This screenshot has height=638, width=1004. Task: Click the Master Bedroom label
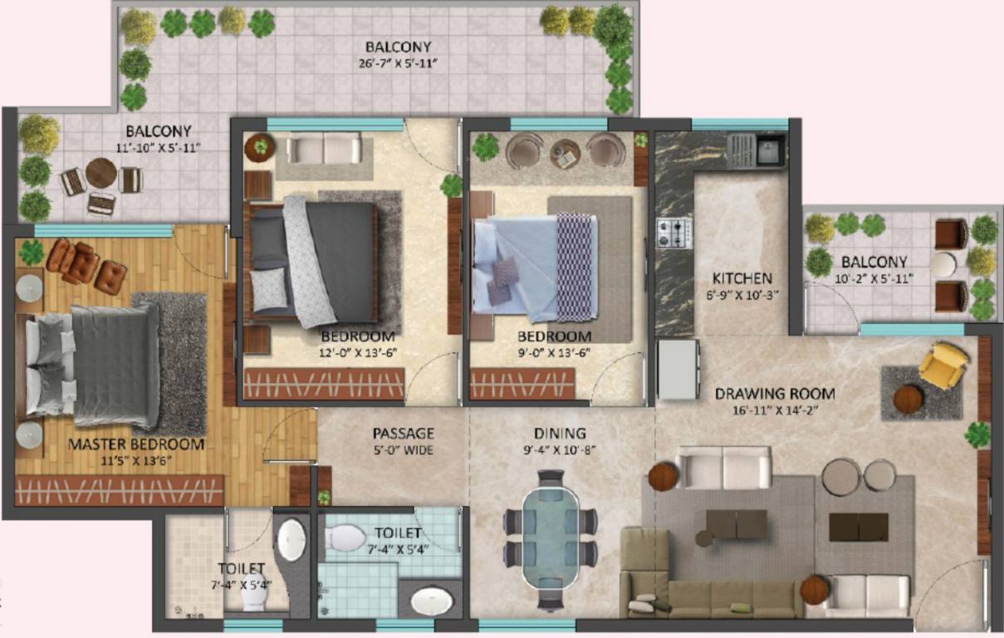[x=135, y=444]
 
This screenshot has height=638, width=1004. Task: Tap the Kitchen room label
[x=742, y=278]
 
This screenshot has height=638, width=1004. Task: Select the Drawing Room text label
[x=775, y=393]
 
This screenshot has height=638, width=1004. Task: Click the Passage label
[x=403, y=433]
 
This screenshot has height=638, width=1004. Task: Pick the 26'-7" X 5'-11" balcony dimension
[x=398, y=62]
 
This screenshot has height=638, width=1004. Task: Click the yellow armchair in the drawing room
[x=945, y=364]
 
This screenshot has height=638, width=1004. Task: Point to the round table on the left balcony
[x=100, y=174]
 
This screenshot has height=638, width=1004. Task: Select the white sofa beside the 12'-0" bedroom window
[x=324, y=150]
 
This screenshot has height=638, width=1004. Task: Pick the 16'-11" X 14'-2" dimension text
[x=775, y=410]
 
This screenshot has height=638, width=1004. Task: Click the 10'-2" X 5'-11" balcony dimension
[x=874, y=278]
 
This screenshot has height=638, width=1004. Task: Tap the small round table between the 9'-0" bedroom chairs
[x=564, y=154]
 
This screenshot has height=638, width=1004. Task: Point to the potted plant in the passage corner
[x=324, y=496]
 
